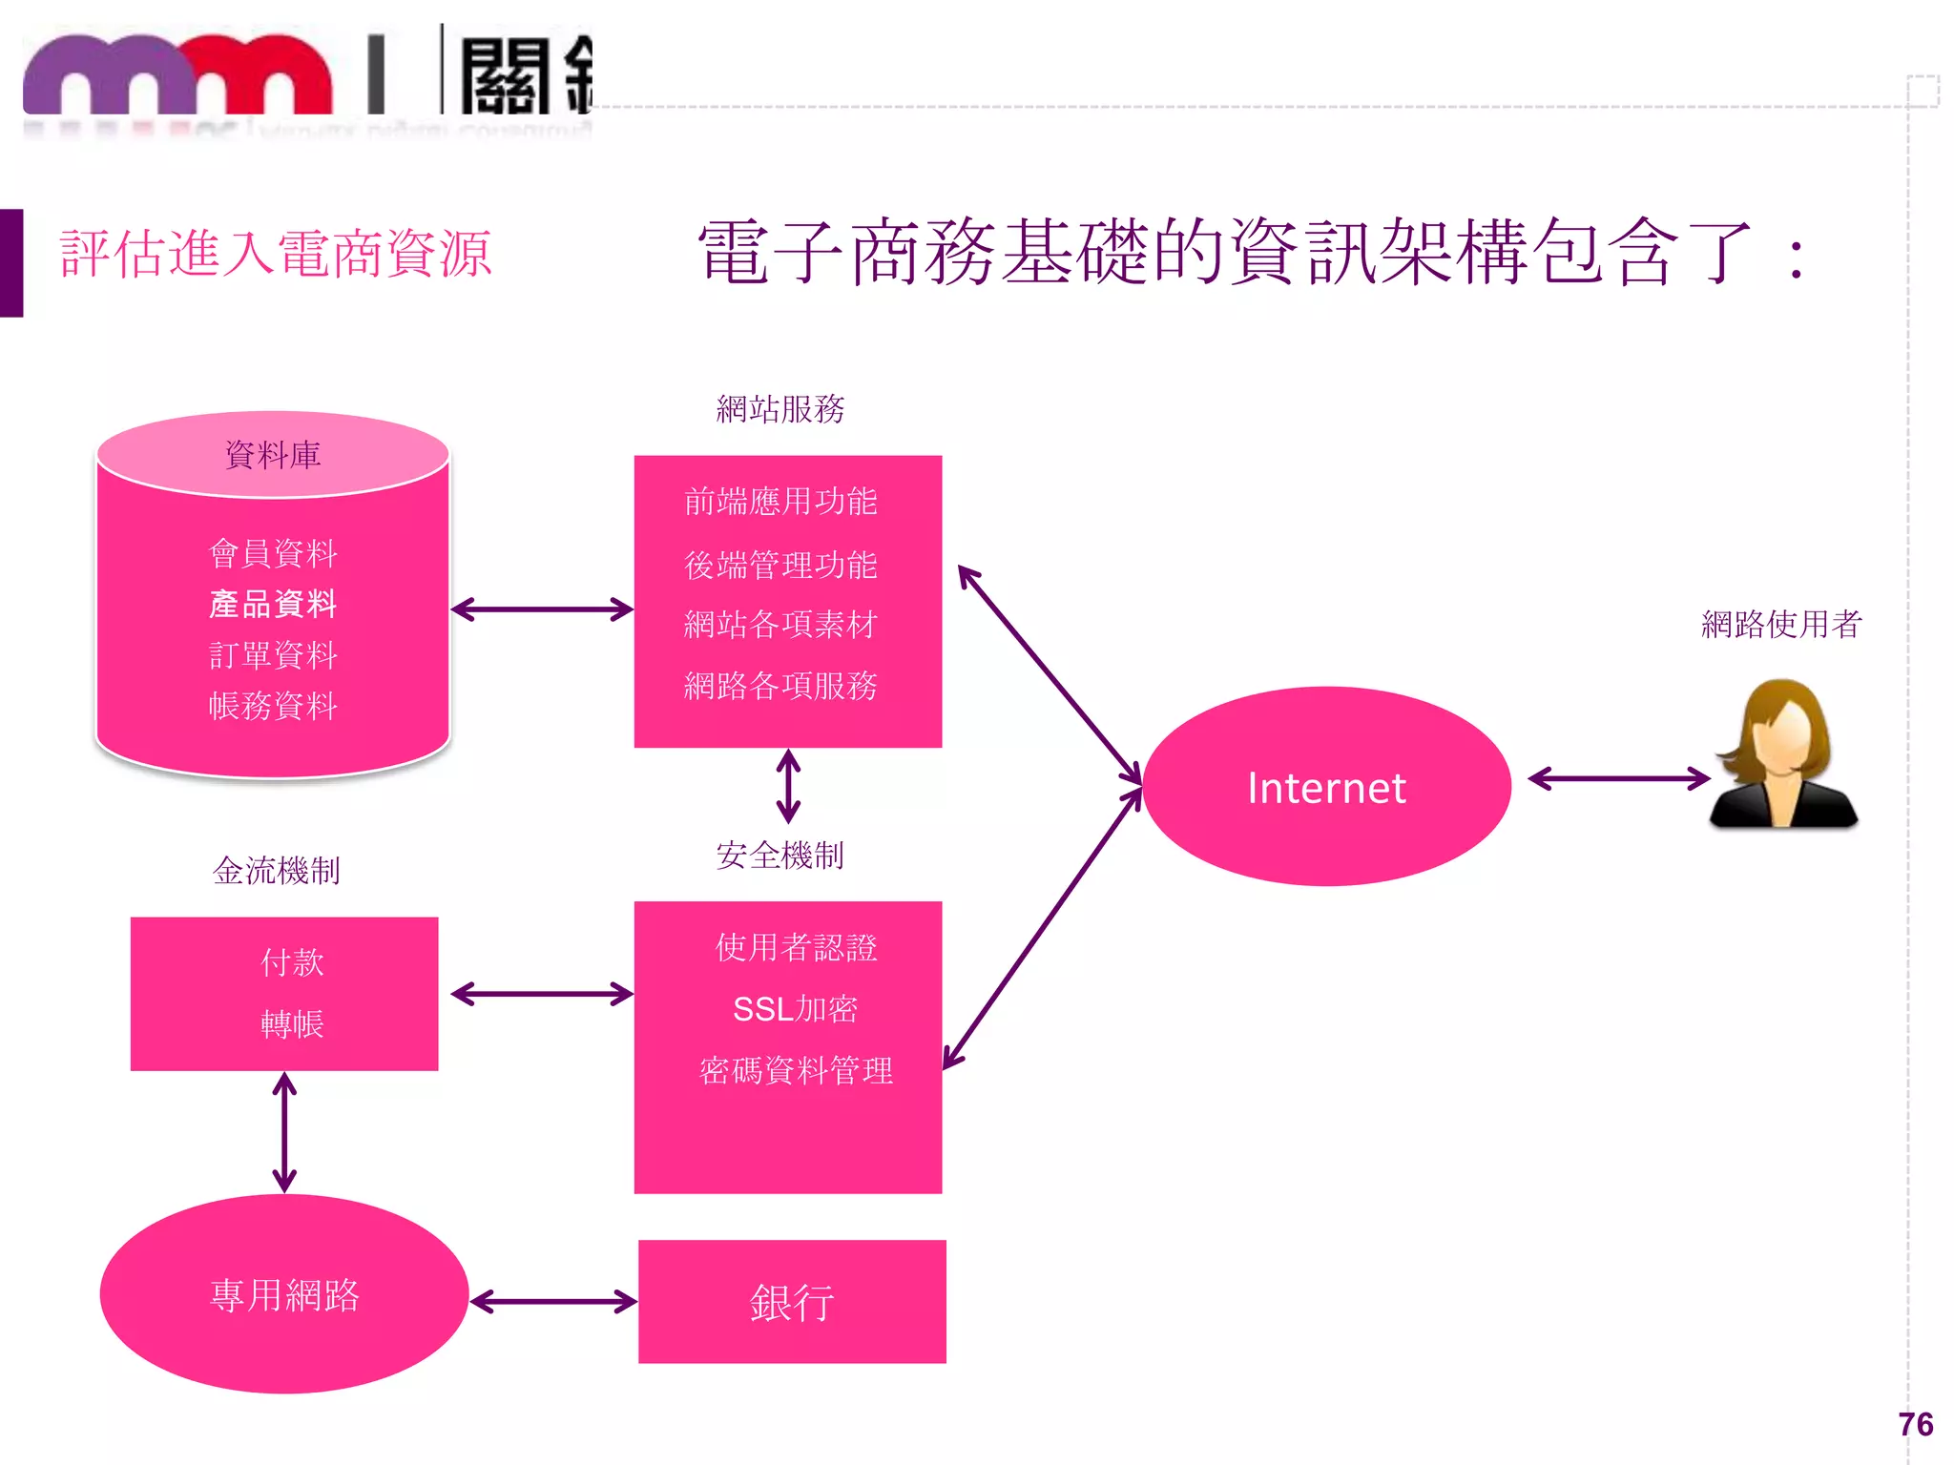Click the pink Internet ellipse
[1326, 787]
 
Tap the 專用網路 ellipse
[284, 1294]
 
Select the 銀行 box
[792, 1302]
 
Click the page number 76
[1916, 1424]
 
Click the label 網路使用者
[1781, 625]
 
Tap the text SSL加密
[795, 1009]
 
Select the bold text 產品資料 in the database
[273, 604]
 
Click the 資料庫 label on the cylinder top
[273, 455]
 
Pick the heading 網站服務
[780, 409]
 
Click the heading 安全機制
[780, 856]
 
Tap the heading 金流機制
[277, 871]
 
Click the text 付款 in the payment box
[292, 962]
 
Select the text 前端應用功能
[780, 502]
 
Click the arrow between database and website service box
[542, 609]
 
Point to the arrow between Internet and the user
[1619, 779]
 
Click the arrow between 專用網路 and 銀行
[553, 1302]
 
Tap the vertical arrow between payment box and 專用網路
[284, 1132]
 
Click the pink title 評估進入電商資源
[276, 255]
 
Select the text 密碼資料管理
[796, 1071]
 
